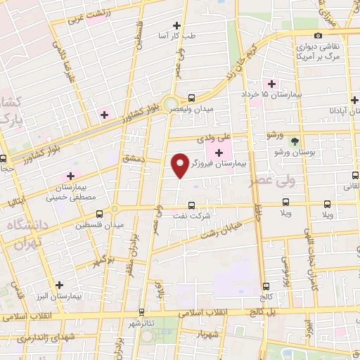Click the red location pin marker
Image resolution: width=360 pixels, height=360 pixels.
[181, 165]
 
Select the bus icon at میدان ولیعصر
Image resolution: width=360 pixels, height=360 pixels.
[192, 98]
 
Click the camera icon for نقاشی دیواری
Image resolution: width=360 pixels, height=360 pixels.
[318, 35]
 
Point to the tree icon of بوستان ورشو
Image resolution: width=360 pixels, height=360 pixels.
[295, 141]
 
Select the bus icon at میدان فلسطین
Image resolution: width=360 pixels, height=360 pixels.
[99, 214]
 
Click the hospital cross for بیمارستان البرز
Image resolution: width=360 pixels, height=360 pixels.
[60, 285]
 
